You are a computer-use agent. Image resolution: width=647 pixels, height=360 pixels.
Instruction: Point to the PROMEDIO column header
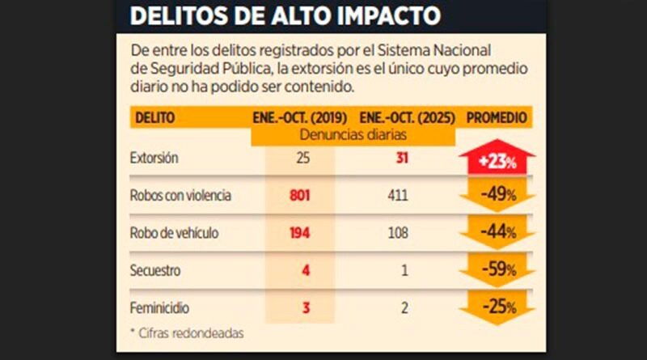tap(497, 118)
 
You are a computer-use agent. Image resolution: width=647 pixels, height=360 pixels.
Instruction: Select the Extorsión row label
tap(154, 159)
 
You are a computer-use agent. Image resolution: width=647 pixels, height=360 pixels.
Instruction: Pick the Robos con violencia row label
tap(180, 195)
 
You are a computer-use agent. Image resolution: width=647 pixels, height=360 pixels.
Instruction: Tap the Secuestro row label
tap(154, 270)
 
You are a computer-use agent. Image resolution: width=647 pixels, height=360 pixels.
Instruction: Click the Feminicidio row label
tap(158, 308)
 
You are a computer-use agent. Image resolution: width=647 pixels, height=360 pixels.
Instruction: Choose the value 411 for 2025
tap(397, 195)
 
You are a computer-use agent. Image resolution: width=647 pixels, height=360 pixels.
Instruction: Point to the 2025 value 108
tap(397, 232)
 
